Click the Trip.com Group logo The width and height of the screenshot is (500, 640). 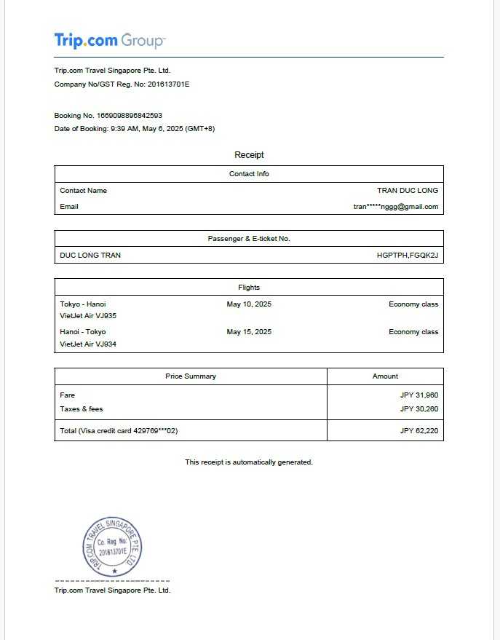pyautogui.click(x=110, y=40)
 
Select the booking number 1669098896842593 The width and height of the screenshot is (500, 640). pyautogui.click(x=129, y=116)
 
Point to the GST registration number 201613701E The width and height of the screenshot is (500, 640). pyautogui.click(x=168, y=84)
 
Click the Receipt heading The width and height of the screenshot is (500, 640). pyautogui.click(x=249, y=155)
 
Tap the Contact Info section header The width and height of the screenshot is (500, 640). pyautogui.click(x=249, y=174)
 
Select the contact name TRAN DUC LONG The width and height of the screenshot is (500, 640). pyautogui.click(x=408, y=191)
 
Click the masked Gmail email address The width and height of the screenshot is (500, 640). pyautogui.click(x=396, y=207)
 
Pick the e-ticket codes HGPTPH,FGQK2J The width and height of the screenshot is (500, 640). pyautogui.click(x=408, y=256)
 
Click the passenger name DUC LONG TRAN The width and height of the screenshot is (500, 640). pyautogui.click(x=90, y=256)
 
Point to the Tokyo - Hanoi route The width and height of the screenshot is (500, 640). pyautogui.click(x=83, y=304)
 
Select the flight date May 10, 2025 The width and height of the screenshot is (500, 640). pyautogui.click(x=249, y=304)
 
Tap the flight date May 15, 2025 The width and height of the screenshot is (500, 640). pyautogui.click(x=249, y=332)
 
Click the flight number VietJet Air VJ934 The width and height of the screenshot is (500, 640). pyautogui.click(x=88, y=344)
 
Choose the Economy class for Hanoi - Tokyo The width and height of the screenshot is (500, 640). pyautogui.click(x=413, y=332)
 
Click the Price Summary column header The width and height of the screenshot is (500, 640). pyautogui.click(x=191, y=376)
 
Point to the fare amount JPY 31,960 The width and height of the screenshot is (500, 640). pyautogui.click(x=419, y=395)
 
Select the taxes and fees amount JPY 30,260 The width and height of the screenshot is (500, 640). pyautogui.click(x=419, y=409)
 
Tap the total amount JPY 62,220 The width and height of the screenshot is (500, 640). pyautogui.click(x=419, y=431)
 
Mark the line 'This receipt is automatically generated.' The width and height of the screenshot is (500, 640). pyautogui.click(x=249, y=462)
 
